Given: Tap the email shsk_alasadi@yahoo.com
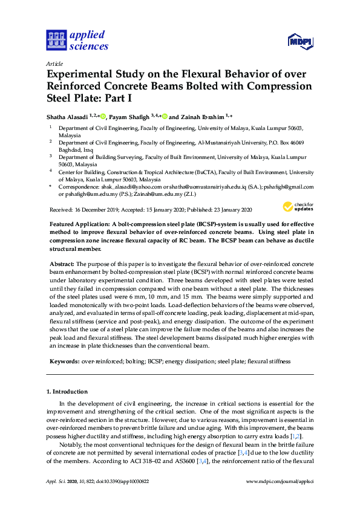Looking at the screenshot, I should (128, 187).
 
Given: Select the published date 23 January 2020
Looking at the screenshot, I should (228, 210).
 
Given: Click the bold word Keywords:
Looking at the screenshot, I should (64, 361).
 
